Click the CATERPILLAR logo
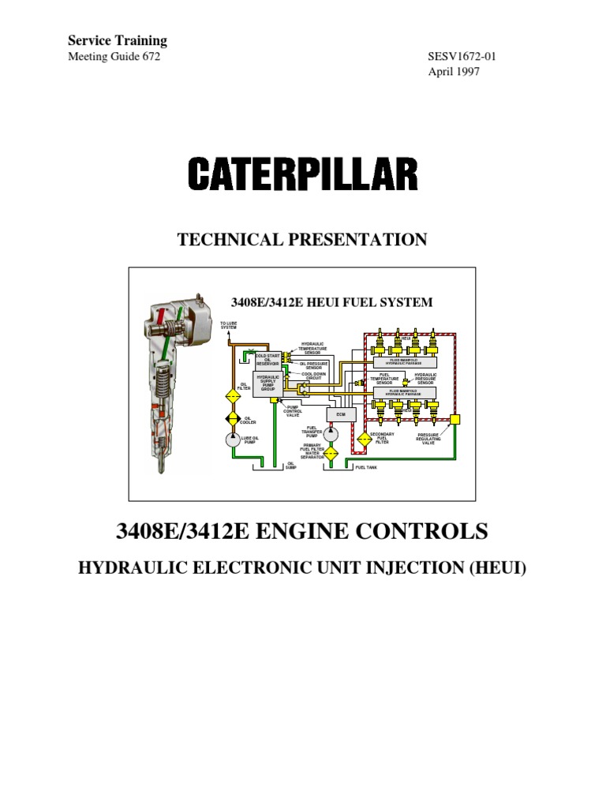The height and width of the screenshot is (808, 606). pyautogui.click(x=303, y=174)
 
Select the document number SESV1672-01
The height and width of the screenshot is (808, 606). pyautogui.click(x=462, y=57)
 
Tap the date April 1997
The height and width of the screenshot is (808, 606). pyautogui.click(x=454, y=71)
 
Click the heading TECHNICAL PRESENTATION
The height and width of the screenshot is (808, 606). pyautogui.click(x=303, y=240)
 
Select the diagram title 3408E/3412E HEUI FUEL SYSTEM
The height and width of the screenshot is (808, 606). pyautogui.click(x=331, y=301)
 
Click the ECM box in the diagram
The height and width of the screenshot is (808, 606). pyautogui.click(x=341, y=413)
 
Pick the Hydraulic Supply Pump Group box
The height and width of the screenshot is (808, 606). pyautogui.click(x=267, y=383)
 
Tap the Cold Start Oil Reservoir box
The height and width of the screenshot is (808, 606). pyautogui.click(x=267, y=360)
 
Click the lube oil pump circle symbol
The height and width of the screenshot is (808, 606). pyautogui.click(x=234, y=440)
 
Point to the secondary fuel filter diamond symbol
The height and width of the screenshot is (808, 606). pyautogui.click(x=365, y=440)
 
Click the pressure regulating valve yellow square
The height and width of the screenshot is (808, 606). pyautogui.click(x=446, y=428)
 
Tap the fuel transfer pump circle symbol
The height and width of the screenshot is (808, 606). pyautogui.click(x=331, y=433)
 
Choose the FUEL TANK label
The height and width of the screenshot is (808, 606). pyautogui.click(x=366, y=467)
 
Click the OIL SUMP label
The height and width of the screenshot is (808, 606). pyautogui.click(x=291, y=466)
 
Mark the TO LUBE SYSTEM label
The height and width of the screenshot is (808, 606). pyautogui.click(x=228, y=325)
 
